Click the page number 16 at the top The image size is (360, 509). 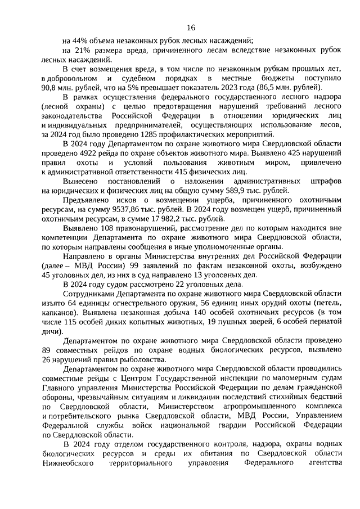tap(191, 27)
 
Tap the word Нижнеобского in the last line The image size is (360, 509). tap(66, 463)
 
